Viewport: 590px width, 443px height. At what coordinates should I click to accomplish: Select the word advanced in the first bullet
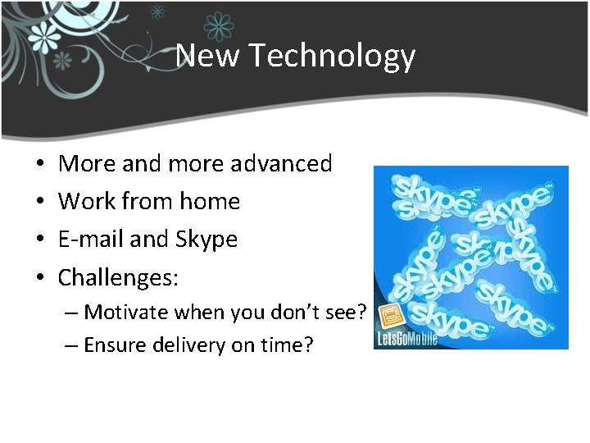click(281, 164)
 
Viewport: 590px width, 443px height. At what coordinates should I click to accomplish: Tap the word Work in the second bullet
click(86, 202)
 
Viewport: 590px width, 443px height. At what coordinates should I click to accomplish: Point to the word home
click(211, 202)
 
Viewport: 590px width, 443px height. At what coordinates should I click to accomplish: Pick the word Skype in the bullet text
click(206, 240)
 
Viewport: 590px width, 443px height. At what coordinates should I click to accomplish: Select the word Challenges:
click(118, 278)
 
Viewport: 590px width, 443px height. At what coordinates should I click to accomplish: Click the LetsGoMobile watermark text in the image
click(406, 337)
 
